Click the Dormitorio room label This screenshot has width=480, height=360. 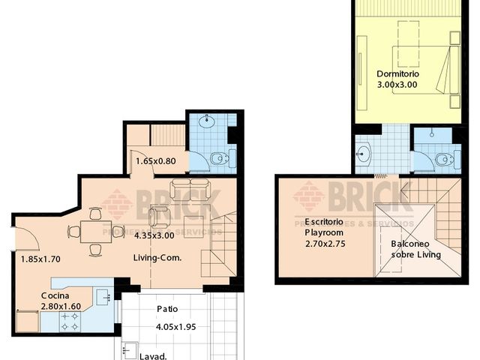(398, 74)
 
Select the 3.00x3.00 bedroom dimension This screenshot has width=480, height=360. (398, 85)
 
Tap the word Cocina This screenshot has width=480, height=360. (56, 295)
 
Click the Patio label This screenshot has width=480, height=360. (167, 308)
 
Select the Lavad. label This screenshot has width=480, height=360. (152, 357)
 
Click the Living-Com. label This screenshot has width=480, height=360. (158, 257)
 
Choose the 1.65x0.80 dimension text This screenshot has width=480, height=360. (155, 160)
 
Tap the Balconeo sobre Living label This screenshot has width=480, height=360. (416, 249)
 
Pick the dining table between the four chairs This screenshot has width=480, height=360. (94, 231)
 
